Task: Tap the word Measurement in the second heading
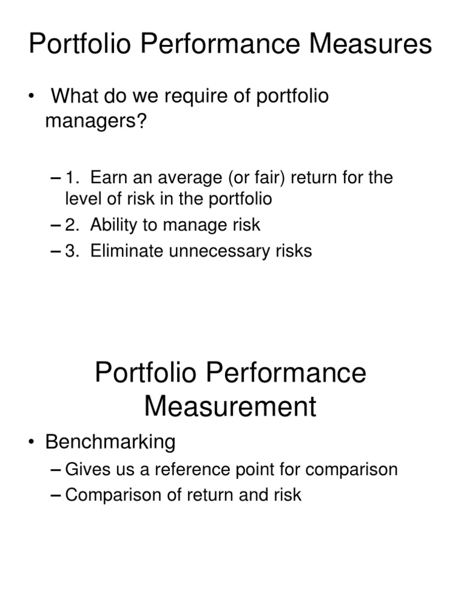tap(230, 406)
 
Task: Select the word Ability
tap(113, 225)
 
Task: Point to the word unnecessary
tap(220, 250)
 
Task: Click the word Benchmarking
tap(110, 443)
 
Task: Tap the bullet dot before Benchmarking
tap(32, 443)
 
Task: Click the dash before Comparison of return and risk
tap(56, 494)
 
